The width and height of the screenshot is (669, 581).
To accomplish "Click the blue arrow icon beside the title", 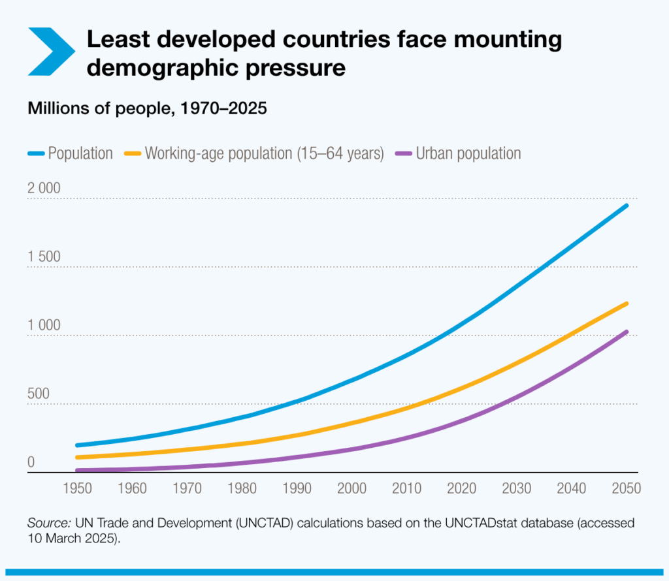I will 52,50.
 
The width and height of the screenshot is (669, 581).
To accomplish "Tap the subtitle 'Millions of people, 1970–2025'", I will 147,108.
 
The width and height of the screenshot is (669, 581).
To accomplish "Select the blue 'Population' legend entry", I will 71,153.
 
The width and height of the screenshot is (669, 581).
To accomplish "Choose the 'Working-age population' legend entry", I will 255,153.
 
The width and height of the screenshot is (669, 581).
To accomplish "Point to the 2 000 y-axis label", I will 44,189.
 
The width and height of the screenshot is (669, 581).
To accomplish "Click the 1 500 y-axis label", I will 44,257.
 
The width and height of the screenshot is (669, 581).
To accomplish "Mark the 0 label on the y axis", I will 31,463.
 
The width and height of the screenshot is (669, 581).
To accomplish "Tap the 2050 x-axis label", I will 626,488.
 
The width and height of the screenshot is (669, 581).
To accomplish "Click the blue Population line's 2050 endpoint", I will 627,206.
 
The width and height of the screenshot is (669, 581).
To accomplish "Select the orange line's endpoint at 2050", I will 627,304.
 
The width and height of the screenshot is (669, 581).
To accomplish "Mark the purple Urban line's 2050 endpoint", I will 627,332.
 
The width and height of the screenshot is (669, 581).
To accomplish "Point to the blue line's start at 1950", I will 78,445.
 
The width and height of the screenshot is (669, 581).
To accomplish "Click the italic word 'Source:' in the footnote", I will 49,524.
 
